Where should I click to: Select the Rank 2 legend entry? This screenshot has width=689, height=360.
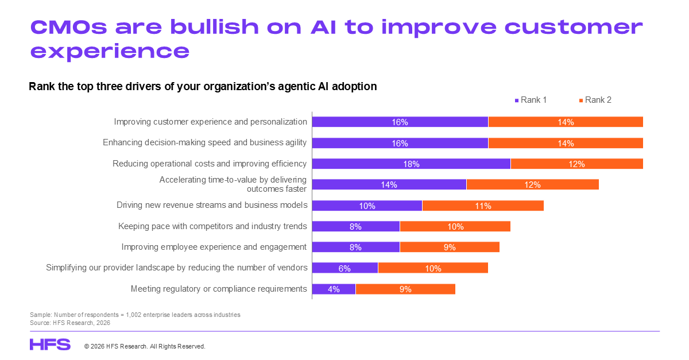[595, 100]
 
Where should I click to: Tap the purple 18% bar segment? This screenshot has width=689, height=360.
[411, 164]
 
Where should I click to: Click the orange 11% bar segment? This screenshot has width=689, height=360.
[483, 206]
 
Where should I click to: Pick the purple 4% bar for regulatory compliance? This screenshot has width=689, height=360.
[334, 289]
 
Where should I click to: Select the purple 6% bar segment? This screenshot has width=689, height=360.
[344, 268]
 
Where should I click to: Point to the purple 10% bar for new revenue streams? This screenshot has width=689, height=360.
[367, 206]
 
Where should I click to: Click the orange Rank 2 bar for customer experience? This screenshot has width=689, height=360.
[566, 122]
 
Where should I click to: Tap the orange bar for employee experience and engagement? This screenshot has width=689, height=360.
[450, 247]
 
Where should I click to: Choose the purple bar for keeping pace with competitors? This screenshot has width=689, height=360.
[355, 226]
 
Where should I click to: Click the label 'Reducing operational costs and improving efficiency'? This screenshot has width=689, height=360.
[210, 164]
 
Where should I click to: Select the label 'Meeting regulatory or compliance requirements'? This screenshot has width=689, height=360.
[219, 289]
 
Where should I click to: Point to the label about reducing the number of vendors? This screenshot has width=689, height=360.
[177, 268]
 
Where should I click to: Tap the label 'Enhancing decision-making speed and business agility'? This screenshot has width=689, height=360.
[205, 142]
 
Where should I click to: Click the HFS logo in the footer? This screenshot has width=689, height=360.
[50, 344]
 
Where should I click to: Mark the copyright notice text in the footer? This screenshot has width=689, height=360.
[145, 347]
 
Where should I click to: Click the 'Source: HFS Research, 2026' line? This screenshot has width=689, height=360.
[69, 323]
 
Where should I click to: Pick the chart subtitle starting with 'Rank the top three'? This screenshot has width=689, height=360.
[203, 87]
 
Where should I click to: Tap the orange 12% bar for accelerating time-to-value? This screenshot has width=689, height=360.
[532, 184]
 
